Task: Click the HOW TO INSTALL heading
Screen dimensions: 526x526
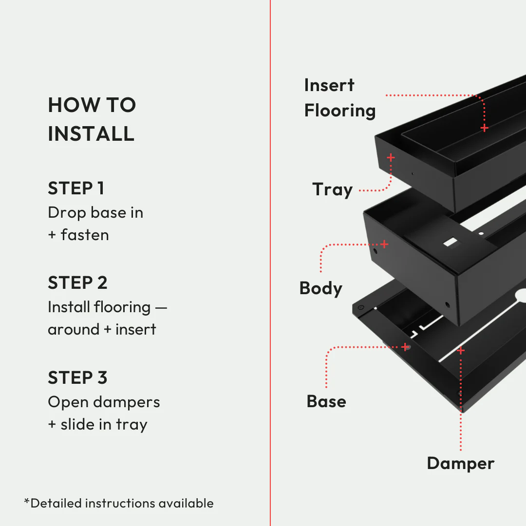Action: (x=92, y=119)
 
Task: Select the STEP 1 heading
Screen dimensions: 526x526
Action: (x=76, y=188)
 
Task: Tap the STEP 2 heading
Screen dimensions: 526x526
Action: (x=77, y=282)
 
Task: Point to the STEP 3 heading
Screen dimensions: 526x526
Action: (x=77, y=377)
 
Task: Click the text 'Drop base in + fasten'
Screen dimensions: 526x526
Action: (x=95, y=224)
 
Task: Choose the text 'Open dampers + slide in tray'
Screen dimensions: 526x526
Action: (x=103, y=413)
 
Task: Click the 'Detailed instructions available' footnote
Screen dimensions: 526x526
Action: (x=119, y=503)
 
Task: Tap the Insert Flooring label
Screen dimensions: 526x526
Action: (x=339, y=98)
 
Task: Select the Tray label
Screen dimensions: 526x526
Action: (x=332, y=189)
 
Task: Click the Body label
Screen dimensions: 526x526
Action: (x=320, y=288)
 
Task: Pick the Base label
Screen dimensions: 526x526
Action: (x=326, y=401)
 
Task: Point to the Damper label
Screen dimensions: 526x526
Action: (x=460, y=463)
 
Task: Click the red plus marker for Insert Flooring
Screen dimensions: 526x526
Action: (x=484, y=128)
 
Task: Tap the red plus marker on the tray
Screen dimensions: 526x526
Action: (x=391, y=157)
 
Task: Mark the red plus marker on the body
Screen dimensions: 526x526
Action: (x=384, y=244)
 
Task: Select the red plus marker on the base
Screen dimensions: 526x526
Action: (x=405, y=347)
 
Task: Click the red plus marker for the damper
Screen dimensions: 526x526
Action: (x=460, y=350)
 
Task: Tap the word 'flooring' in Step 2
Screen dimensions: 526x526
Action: (x=122, y=307)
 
